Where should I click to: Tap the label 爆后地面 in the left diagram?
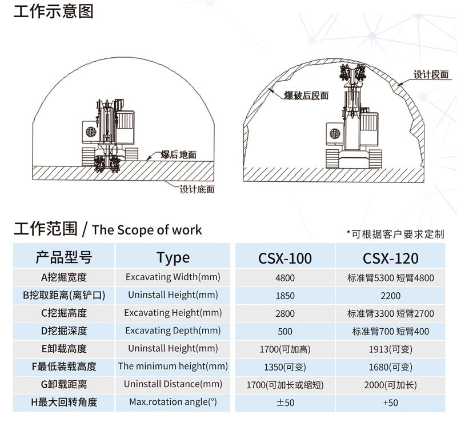click(178, 155)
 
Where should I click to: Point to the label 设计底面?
click(197, 189)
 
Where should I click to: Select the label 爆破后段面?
click(307, 95)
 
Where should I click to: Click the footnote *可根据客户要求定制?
click(395, 233)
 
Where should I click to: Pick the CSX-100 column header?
click(285, 258)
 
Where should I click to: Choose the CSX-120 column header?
click(390, 258)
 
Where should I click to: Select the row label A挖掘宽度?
click(63, 278)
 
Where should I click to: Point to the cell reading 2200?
click(390, 296)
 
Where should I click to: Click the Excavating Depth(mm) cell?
click(173, 331)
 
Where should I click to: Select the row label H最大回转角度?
click(63, 402)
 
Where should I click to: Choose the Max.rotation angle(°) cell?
click(173, 402)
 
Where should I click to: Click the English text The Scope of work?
click(147, 230)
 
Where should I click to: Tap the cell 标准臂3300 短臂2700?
click(390, 313)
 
